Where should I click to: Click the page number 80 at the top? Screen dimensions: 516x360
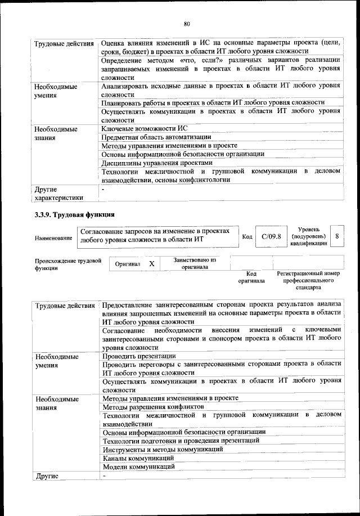click(187, 23)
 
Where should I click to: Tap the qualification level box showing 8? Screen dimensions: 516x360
click(336, 237)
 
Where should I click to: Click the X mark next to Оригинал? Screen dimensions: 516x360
click(151, 263)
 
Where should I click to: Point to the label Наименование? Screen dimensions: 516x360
click(53, 239)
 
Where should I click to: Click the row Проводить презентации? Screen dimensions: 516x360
click(139, 356)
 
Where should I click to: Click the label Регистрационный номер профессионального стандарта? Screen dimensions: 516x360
click(308, 280)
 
